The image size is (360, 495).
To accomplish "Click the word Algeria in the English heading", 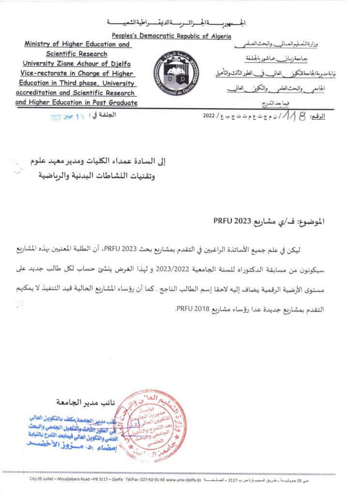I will (218, 36).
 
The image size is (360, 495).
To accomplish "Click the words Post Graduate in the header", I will (115, 102).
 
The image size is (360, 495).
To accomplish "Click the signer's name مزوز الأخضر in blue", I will (51, 442).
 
